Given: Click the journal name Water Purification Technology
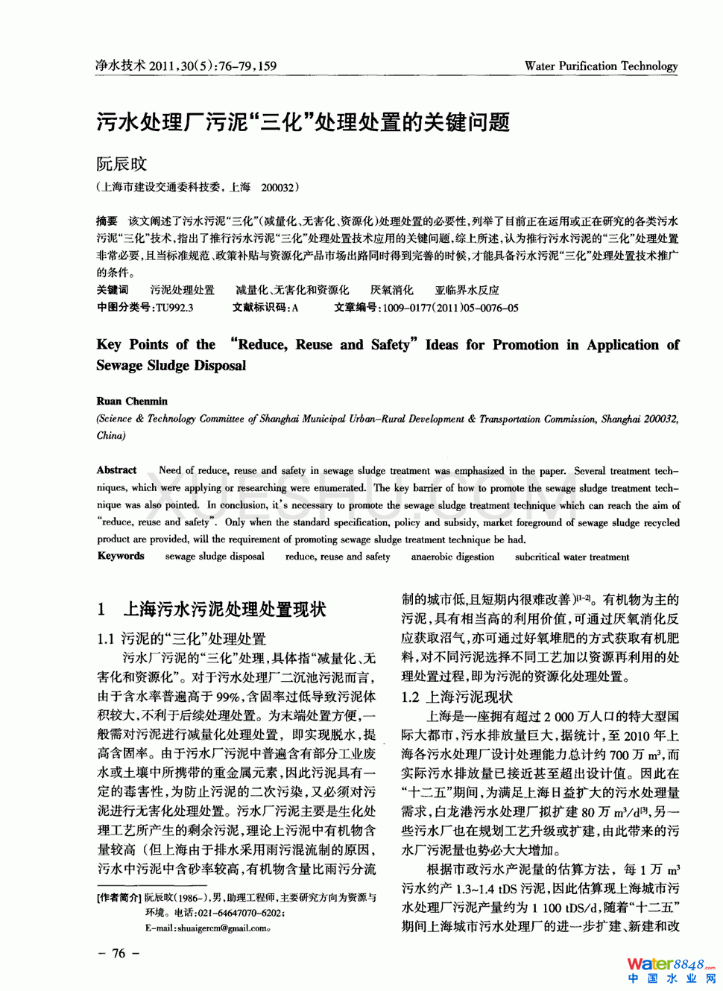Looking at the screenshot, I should [x=601, y=66].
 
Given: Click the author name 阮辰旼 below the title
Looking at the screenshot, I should [x=121, y=164].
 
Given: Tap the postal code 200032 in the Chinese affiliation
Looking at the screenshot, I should [x=278, y=188].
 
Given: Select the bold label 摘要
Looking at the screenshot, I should [x=107, y=221].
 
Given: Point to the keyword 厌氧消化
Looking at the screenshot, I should [x=391, y=290].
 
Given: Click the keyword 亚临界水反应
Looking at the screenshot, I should [x=467, y=290].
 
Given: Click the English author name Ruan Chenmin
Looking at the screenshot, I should [x=132, y=401].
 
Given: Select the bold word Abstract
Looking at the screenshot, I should [x=117, y=470].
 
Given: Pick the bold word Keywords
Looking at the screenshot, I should [x=121, y=556].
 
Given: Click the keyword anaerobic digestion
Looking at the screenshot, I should [x=452, y=557].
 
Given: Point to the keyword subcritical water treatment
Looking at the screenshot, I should [x=572, y=557].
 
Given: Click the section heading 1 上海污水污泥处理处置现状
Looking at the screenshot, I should [x=212, y=610].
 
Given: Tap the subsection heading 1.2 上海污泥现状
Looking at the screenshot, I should [x=457, y=697].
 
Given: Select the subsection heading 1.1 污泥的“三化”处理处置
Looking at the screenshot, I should [x=181, y=639].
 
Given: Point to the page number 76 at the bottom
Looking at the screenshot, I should [x=119, y=953].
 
